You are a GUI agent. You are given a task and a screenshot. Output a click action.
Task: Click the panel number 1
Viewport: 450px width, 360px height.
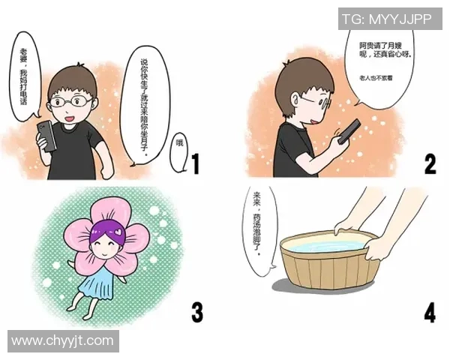click(x=195, y=163)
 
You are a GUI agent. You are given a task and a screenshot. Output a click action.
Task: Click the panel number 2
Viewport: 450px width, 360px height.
click(x=430, y=162)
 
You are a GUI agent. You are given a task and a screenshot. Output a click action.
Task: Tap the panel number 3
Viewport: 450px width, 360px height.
click(x=196, y=310)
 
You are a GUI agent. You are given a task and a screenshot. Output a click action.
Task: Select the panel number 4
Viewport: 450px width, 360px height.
click(x=430, y=310)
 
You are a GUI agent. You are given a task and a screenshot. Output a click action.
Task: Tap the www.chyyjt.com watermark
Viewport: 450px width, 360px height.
click(x=63, y=341)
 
